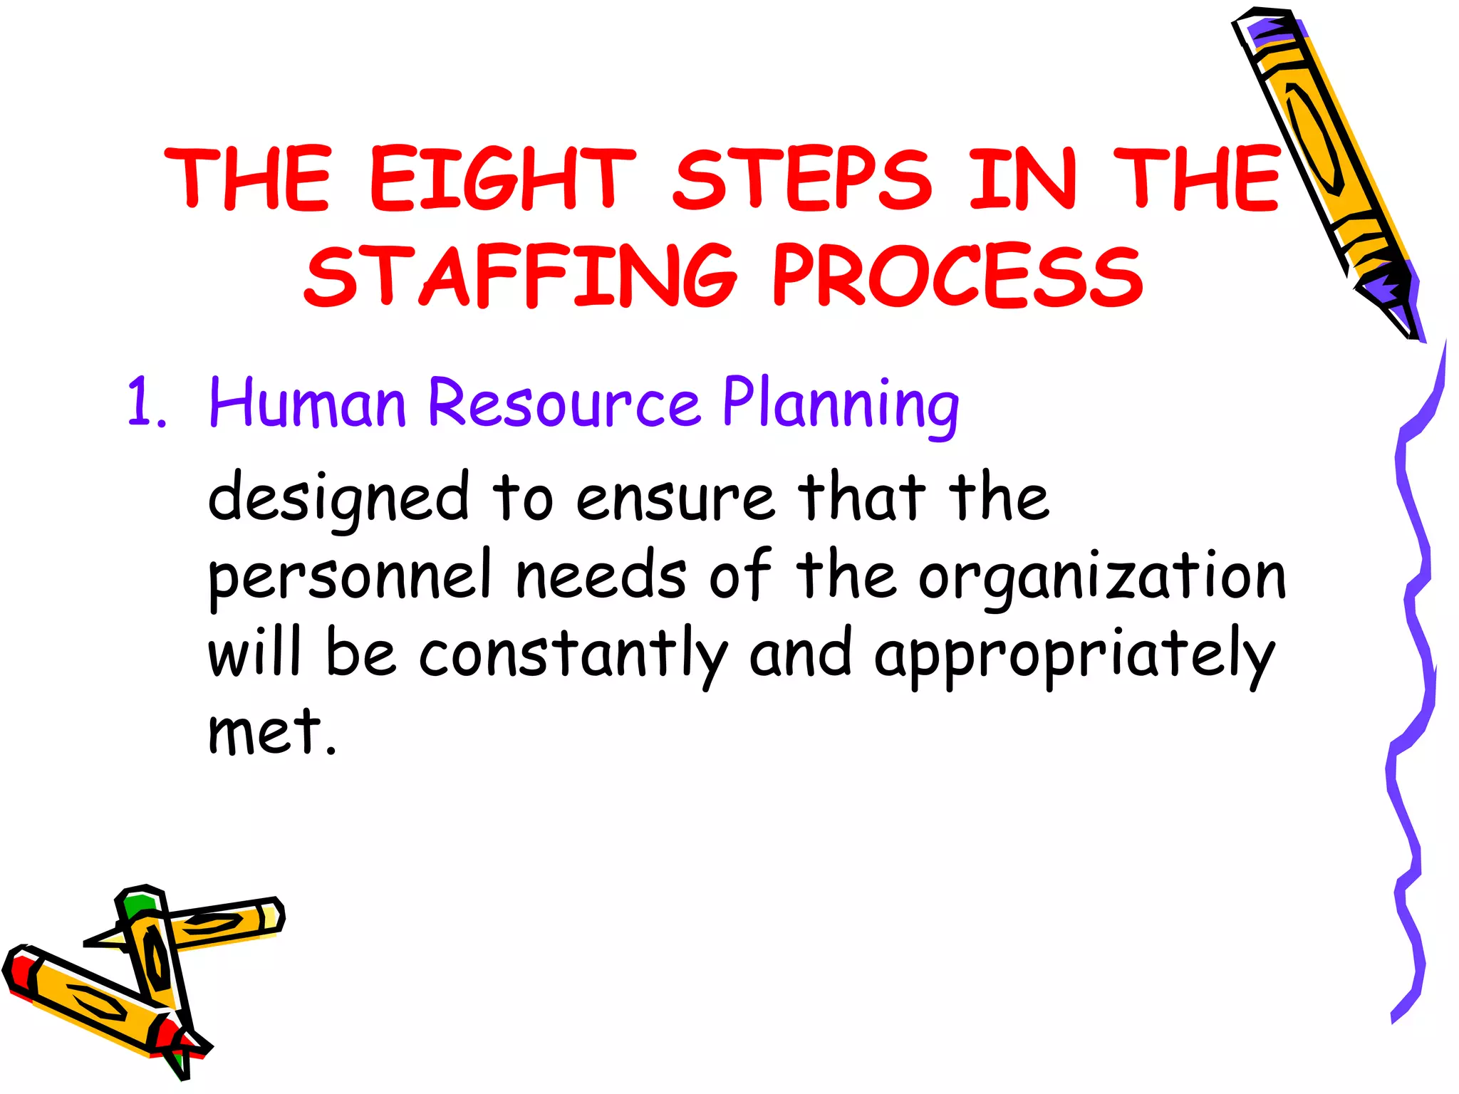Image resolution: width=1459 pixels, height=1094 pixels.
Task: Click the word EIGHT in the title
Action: pyautogui.click(x=502, y=178)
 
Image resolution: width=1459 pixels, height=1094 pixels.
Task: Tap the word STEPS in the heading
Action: pyautogui.click(x=801, y=178)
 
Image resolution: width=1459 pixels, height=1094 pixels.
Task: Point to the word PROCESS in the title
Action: pyautogui.click(x=958, y=276)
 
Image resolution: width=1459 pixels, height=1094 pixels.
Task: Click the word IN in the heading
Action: pyautogui.click(x=1023, y=178)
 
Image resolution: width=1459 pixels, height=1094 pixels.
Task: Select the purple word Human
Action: pyautogui.click(x=307, y=403)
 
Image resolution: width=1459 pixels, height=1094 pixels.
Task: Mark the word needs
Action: pyautogui.click(x=601, y=575)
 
